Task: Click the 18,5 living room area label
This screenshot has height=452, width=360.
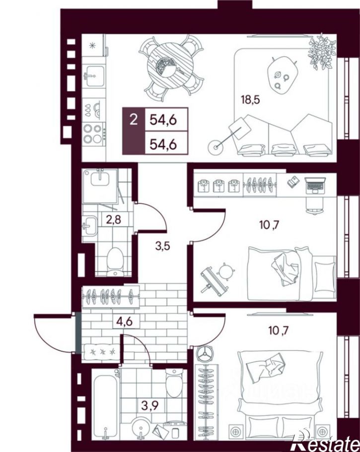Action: point(250,100)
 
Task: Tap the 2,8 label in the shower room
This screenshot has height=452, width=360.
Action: point(113,220)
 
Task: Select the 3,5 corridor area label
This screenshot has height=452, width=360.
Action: point(162,246)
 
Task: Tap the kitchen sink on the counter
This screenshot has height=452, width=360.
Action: point(94,75)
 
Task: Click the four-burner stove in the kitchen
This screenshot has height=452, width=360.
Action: point(93,133)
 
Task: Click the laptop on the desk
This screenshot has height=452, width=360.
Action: point(315,185)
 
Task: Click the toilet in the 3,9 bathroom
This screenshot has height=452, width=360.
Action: point(174,383)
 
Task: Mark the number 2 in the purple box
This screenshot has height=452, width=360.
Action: point(134,120)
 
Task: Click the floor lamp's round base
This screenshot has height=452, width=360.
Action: point(216,147)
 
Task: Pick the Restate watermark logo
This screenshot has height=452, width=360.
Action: point(326,444)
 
